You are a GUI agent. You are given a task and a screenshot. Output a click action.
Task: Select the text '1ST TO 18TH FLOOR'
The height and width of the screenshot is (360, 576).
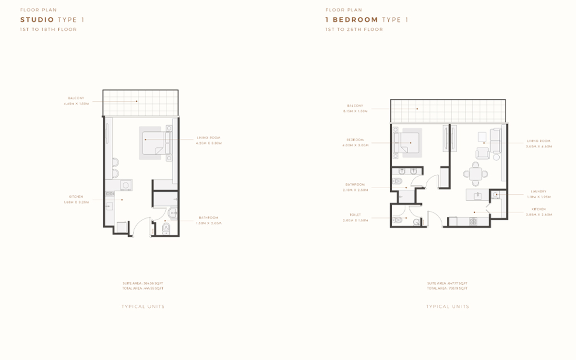point(48,29)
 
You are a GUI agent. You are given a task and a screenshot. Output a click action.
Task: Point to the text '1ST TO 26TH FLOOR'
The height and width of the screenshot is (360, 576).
point(354,29)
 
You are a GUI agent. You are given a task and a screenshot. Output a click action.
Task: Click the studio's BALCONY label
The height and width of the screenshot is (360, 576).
point(76,98)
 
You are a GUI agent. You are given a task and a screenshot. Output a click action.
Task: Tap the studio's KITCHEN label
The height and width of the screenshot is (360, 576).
point(76,197)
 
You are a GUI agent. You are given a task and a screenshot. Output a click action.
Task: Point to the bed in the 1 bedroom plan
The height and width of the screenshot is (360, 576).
point(408,143)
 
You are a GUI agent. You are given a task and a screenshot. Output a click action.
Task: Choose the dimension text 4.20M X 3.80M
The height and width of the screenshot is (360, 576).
point(208,143)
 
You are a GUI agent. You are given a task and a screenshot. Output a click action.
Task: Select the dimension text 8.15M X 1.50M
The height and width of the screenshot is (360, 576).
point(355,111)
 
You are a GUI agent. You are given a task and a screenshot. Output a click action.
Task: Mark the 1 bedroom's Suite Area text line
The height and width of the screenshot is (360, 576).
point(447,284)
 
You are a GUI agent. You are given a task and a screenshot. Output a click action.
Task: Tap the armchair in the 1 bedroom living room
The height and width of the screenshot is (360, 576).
point(482,153)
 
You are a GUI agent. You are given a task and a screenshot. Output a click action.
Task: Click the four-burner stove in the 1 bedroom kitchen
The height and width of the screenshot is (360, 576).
point(473,221)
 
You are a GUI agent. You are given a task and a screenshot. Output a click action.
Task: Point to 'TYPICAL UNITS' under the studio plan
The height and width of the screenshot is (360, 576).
point(143,306)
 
